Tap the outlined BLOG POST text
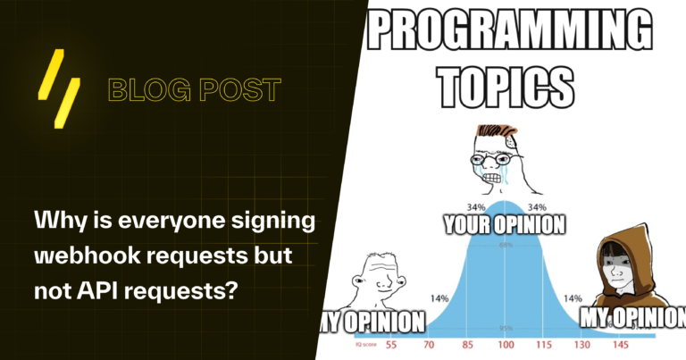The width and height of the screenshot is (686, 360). tap(194, 89)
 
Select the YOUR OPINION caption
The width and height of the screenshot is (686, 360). tap(504, 224)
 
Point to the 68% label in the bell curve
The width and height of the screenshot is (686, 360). tap(506, 244)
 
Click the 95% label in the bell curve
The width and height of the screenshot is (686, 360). tap(506, 328)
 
